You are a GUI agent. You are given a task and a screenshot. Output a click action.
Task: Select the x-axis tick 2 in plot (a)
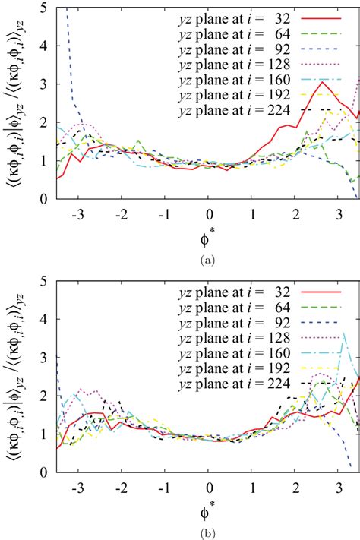pos(295,213)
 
